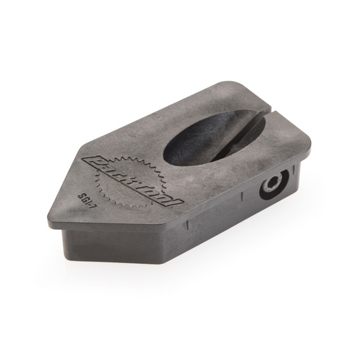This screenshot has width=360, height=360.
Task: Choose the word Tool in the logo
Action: click(x=159, y=193)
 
